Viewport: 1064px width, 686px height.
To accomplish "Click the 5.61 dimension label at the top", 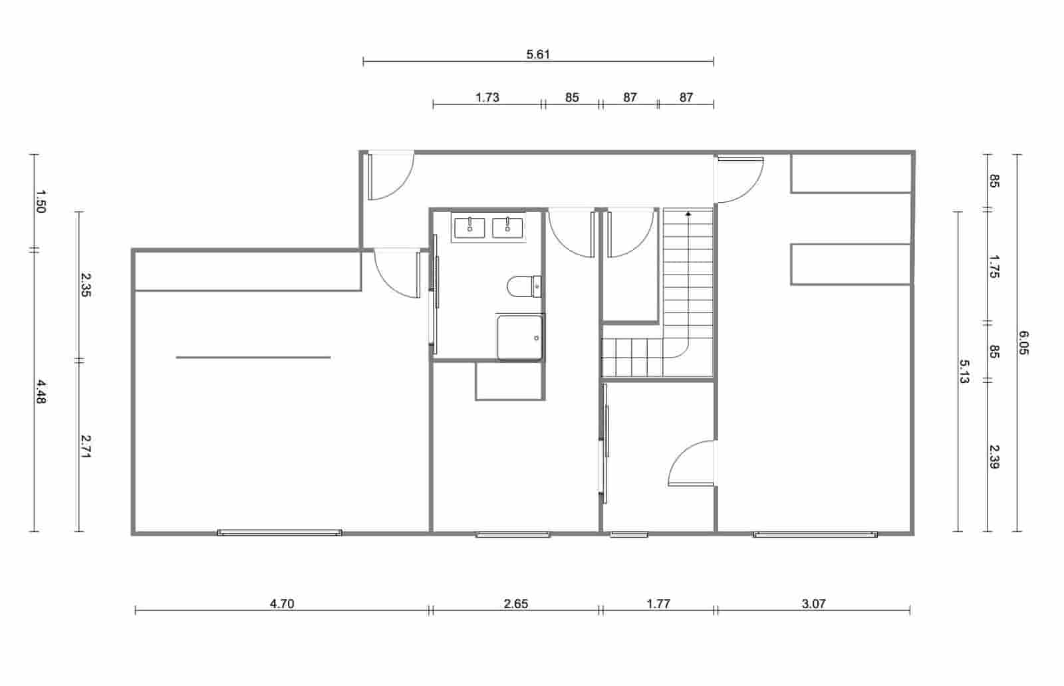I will click(538, 55).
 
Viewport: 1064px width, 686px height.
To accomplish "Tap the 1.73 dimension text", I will click(487, 98).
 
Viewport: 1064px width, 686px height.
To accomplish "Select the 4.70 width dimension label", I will click(282, 604).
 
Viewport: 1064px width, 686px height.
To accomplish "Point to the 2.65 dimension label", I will click(516, 604).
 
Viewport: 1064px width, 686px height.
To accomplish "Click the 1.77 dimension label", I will click(658, 604).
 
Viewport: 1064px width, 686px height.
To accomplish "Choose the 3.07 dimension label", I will click(813, 604).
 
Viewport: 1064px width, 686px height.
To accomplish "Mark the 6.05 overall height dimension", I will click(1023, 343).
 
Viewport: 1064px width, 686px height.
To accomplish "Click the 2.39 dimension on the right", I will click(994, 457).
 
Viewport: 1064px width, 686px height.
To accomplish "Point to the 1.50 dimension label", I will click(40, 201).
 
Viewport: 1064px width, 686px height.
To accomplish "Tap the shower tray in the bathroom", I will click(520, 337).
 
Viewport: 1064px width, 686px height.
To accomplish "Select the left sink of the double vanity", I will click(470, 227).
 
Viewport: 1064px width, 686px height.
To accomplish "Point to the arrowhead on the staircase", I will click(688, 214).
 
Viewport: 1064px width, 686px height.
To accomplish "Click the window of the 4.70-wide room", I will click(279, 532).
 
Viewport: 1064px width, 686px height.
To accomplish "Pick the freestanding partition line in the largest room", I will click(253, 358).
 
